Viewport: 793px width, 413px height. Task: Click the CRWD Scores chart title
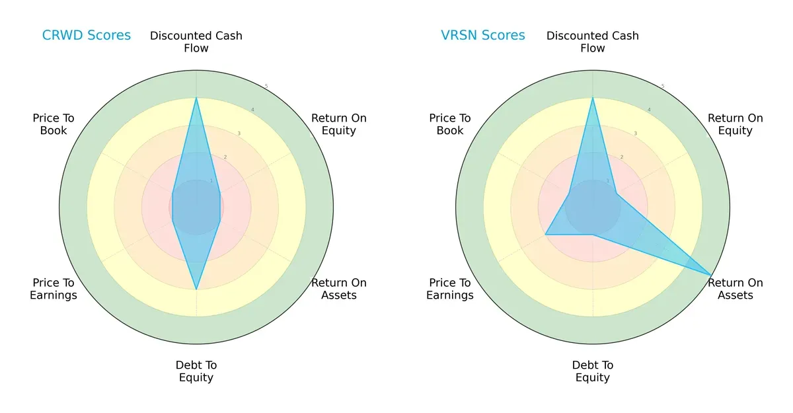click(87, 36)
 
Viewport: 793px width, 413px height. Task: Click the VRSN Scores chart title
click(483, 36)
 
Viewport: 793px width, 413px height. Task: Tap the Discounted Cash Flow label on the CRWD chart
click(196, 42)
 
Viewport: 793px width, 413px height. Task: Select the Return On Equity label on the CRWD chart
click(339, 124)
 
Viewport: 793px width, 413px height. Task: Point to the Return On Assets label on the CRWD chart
click(339, 289)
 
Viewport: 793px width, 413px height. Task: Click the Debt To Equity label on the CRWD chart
click(196, 371)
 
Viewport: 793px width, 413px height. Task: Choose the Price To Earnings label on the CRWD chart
click(54, 289)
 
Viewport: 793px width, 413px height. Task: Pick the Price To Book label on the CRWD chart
click(54, 124)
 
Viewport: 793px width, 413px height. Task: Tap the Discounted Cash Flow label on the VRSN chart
click(593, 42)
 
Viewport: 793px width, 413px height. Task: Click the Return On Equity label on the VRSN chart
click(736, 124)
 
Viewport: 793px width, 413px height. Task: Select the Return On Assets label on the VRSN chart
click(736, 289)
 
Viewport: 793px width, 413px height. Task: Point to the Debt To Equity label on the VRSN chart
click(593, 371)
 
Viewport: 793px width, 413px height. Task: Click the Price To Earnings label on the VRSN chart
click(450, 289)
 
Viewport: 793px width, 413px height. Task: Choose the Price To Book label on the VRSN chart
click(450, 124)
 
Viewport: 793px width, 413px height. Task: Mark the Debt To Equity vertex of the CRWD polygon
click(196, 289)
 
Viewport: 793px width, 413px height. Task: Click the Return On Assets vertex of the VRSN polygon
click(711, 275)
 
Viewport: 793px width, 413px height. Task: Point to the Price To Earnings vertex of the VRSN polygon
click(545, 235)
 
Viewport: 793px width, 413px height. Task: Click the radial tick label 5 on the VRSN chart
click(663, 86)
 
